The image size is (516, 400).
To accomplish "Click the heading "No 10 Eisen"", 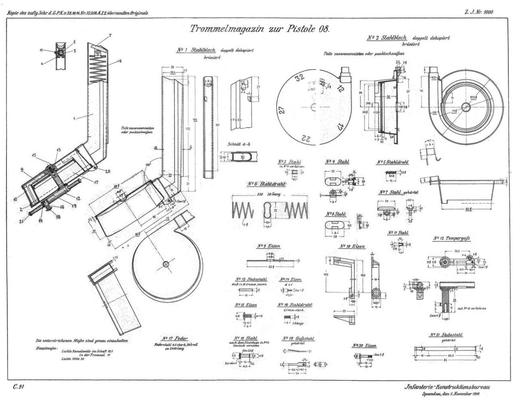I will (352, 246).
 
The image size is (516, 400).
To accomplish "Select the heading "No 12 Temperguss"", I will (451, 238).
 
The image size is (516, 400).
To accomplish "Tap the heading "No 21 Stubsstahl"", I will (445, 335).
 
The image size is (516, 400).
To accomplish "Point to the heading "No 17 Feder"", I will (175, 338).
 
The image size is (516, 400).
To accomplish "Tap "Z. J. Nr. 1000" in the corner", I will (479, 12).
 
